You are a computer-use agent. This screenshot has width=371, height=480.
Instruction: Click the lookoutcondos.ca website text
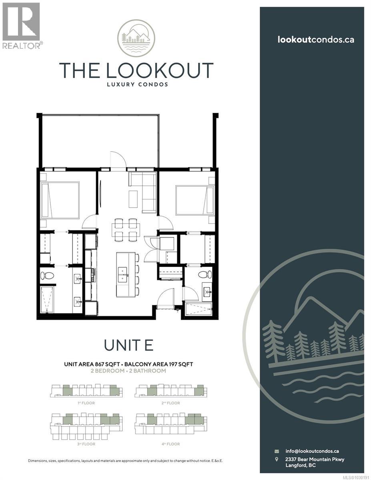[x=316, y=39]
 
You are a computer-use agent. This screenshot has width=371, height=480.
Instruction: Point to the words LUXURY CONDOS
[x=136, y=84]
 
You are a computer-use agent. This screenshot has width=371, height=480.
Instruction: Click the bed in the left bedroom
[x=60, y=200]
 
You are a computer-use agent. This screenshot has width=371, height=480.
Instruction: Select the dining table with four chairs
[x=126, y=230]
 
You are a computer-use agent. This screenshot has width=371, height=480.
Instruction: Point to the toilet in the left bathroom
[x=47, y=276]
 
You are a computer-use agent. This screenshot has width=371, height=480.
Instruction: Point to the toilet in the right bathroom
[x=205, y=274]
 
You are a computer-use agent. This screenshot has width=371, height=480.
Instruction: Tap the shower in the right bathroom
[x=199, y=309]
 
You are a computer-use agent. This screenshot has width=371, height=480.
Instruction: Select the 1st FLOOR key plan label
[x=86, y=403]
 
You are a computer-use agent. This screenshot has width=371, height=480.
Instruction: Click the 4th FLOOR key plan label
[x=171, y=444]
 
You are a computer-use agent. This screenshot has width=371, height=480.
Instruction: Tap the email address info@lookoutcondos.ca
[x=312, y=451]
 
